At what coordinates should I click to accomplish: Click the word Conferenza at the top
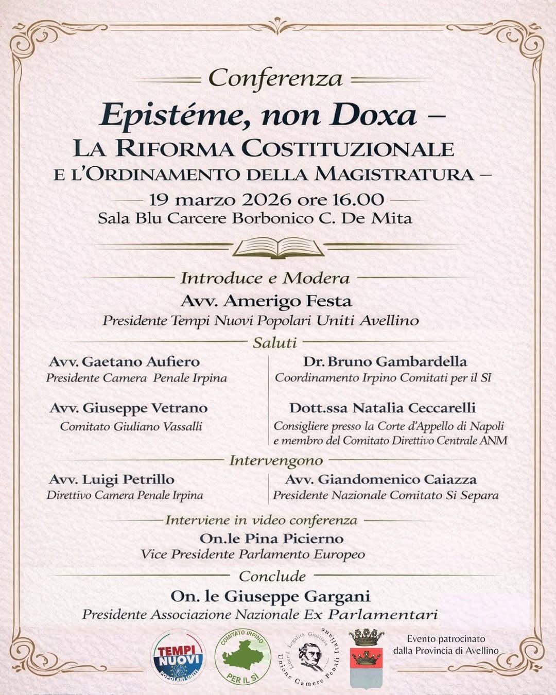(x=276, y=79)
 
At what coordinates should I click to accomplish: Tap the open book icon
(x=278, y=248)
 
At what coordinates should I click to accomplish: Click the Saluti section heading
(x=274, y=342)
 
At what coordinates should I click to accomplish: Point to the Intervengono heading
(x=276, y=460)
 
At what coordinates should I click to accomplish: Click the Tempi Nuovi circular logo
(x=178, y=657)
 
